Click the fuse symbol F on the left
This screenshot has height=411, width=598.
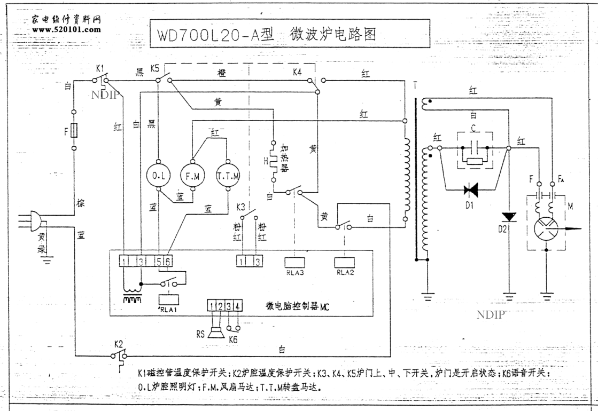click(74, 130)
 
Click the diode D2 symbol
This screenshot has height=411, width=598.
click(509, 217)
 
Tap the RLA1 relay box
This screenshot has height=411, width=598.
click(169, 299)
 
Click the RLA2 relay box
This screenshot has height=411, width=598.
click(344, 262)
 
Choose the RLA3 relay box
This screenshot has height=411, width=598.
click(296, 262)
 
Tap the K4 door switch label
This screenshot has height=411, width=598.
click(298, 71)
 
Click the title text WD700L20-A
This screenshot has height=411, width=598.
click(216, 35)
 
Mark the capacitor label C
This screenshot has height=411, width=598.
click(472, 128)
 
